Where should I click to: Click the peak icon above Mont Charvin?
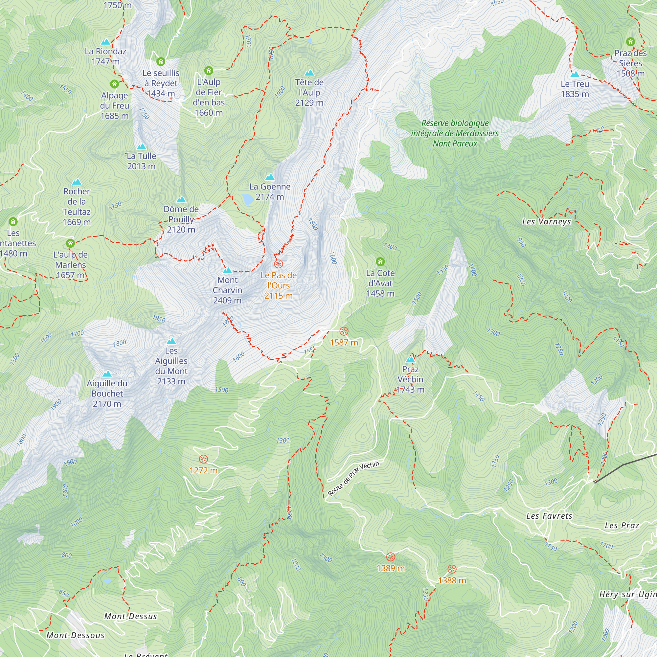pos(227,271)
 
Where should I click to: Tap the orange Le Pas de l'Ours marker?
pos(279,264)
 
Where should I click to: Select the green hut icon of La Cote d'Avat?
pos(380,261)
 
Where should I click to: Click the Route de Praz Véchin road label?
pos(353,479)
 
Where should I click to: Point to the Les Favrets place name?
pos(549,516)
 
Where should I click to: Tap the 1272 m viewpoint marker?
pos(203,460)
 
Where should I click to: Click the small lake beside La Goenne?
pos(248,199)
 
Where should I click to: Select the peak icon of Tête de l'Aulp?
pos(309,73)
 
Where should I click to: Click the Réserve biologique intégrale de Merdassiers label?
pos(455,133)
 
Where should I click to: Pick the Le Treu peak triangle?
pos(575,75)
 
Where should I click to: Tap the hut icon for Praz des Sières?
pos(630,42)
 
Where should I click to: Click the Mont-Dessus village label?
pos(131,616)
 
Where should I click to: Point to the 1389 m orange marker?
pos(391,557)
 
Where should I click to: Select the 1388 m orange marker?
pos(452,569)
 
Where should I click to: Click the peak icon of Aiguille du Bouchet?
pos(107,374)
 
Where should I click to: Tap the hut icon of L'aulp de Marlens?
pos(70,243)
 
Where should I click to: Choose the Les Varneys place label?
pos(546,222)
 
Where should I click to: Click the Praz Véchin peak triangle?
pos(410,360)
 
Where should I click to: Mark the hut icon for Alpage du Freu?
pos(114,84)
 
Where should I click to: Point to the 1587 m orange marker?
pos(344,331)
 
